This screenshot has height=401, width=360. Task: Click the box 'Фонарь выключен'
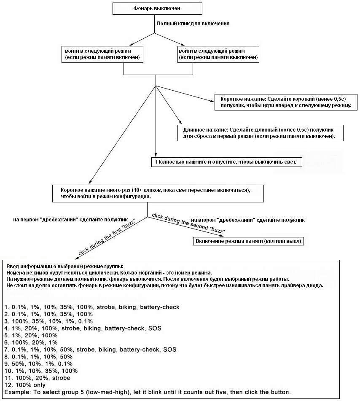pyautogui.click(x=157, y=8)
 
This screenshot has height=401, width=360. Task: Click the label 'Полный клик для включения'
pyautogui.click(x=193, y=24)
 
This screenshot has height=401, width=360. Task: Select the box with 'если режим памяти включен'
pyautogui.click(x=102, y=54)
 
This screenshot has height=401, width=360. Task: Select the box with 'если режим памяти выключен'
pyautogui.click(x=218, y=54)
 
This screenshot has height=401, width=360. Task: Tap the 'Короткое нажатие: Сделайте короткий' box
pyautogui.click(x=286, y=102)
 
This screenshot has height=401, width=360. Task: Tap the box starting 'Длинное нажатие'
pyautogui.click(x=260, y=133)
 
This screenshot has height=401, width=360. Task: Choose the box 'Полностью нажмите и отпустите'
pyautogui.click(x=226, y=162)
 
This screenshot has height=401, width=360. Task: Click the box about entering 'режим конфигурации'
pyautogui.click(x=158, y=194)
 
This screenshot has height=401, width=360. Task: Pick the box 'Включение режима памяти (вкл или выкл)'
pyautogui.click(x=248, y=241)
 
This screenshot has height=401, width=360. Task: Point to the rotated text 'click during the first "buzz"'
pyautogui.click(x=106, y=237)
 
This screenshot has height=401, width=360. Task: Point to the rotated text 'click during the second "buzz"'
pyautogui.click(x=188, y=223)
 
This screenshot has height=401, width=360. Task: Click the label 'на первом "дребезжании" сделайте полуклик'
pyautogui.click(x=70, y=220)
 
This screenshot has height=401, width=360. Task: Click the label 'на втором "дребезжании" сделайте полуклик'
pyautogui.click(x=248, y=220)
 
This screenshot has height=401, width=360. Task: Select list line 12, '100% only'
pyautogui.click(x=25, y=385)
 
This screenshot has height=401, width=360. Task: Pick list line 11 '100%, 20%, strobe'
pyautogui.click(x=37, y=378)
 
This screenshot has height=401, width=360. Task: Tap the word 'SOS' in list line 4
pyautogui.click(x=155, y=328)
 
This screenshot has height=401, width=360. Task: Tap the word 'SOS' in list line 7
pyautogui.click(x=170, y=349)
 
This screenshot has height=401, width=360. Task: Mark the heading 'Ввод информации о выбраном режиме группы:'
pyautogui.click(x=65, y=266)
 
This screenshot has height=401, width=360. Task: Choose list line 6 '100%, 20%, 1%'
pyautogui.click(x=31, y=342)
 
